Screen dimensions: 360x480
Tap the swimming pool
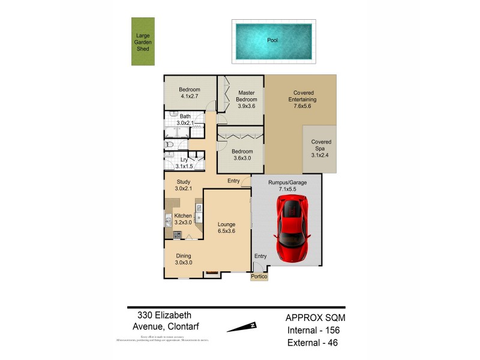273,41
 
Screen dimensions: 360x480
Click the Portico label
259,277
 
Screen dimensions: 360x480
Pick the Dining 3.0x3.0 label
184,259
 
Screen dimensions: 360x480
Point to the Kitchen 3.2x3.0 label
183,219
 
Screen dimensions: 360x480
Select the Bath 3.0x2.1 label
185,119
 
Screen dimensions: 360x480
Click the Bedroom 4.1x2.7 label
190,92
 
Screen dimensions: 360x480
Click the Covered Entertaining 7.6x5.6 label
302,100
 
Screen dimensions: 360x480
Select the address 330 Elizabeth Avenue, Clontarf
165,320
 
